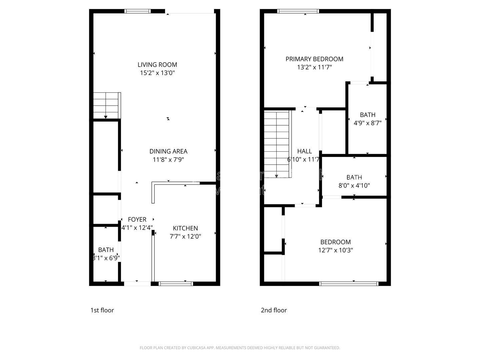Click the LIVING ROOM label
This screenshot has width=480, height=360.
(x=157, y=65)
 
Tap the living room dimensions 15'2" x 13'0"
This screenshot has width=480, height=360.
(x=157, y=73)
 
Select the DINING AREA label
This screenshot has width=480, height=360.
(x=168, y=151)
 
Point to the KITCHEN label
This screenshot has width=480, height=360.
(x=185, y=228)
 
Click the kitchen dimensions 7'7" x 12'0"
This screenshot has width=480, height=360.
(x=185, y=237)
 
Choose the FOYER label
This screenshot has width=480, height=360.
(x=137, y=220)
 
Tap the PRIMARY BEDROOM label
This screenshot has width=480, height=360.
(x=314, y=59)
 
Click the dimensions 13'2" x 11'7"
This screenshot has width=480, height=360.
(x=314, y=67)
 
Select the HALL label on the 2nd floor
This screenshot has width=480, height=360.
(x=304, y=151)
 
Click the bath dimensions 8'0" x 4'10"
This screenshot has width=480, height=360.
(x=354, y=186)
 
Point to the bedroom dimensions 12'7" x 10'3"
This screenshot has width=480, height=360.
(x=336, y=250)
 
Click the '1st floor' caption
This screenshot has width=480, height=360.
(x=102, y=310)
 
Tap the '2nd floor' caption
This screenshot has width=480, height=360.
(x=274, y=310)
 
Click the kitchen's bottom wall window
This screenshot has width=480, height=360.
(x=176, y=284)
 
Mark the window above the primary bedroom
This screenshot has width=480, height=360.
(x=298, y=11)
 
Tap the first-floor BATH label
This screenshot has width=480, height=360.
(x=106, y=250)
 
